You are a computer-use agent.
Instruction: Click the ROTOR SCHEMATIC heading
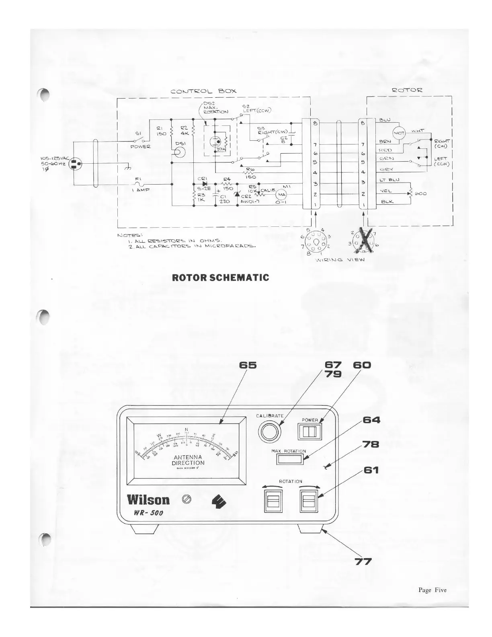[x=220, y=277]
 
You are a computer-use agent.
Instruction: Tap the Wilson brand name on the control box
[x=148, y=499]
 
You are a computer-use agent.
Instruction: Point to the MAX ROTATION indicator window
[x=289, y=459]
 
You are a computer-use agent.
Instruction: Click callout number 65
[x=248, y=365]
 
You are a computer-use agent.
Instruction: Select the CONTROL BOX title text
[x=203, y=91]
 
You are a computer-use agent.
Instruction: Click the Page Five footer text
[x=432, y=590]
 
